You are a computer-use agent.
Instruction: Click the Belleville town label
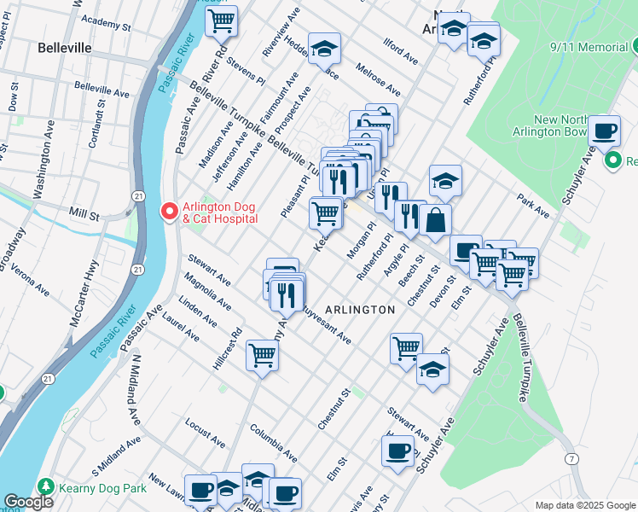65,48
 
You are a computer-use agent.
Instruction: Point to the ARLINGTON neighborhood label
359,310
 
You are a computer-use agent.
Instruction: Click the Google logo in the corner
27,503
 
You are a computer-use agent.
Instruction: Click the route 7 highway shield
570,459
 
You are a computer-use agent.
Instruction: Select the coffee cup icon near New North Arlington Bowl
605,131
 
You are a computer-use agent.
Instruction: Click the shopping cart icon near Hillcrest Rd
262,354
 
